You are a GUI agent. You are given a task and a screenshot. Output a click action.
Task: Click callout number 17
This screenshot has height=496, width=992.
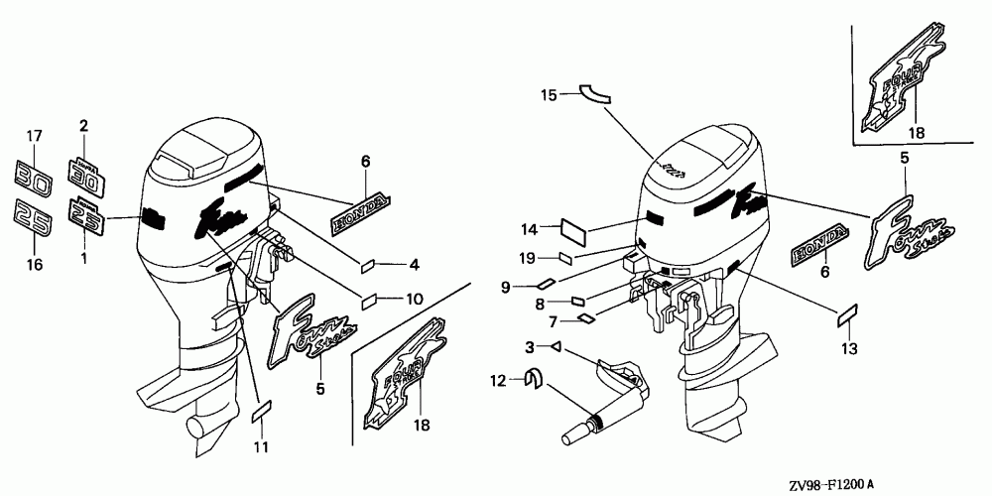pyautogui.click(x=34, y=136)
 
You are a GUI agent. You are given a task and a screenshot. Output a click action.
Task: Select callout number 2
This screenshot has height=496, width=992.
pyautogui.click(x=83, y=126)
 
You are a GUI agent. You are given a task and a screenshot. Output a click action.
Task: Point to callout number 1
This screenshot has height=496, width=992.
pyautogui.click(x=83, y=257)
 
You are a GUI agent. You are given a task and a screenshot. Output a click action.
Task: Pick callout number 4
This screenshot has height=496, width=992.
pyautogui.click(x=415, y=265)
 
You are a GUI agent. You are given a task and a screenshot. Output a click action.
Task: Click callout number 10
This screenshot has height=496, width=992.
pyautogui.click(x=415, y=298)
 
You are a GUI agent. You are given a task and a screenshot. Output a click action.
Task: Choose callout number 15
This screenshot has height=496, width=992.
pyautogui.click(x=549, y=95)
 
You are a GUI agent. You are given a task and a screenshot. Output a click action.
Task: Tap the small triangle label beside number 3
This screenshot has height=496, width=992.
pyautogui.click(x=558, y=347)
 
